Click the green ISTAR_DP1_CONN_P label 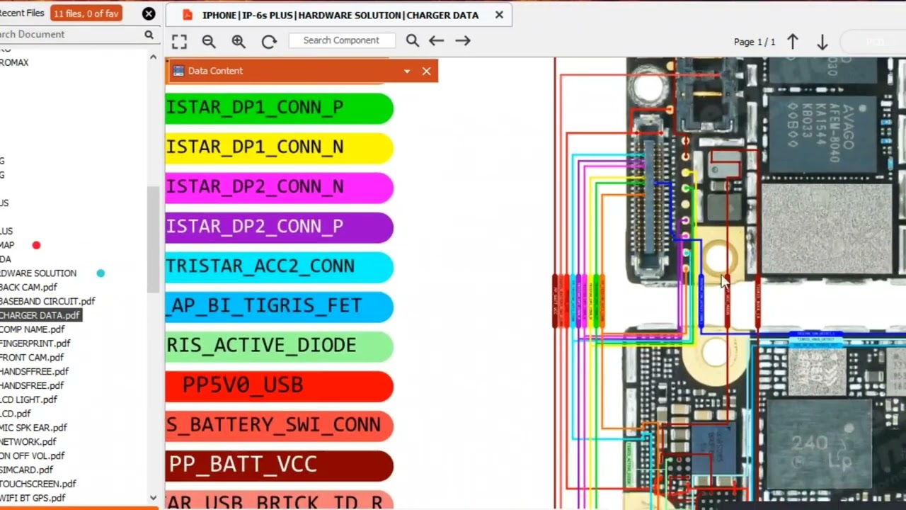tap(278, 108)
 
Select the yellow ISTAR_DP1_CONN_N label tap(278, 147)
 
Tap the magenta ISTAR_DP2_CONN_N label tap(278, 187)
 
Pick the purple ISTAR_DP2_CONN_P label tap(278, 227)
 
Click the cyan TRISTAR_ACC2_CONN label tap(278, 266)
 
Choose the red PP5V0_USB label tap(278, 385)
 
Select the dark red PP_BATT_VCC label tap(278, 465)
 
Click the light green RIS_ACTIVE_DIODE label tap(278, 346)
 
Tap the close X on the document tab tap(499, 15)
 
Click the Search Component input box tap(341, 40)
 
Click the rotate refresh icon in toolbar tap(269, 42)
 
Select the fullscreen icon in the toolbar tap(179, 42)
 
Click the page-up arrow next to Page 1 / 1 tap(793, 42)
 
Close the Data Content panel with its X tap(426, 71)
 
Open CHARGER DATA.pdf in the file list tap(40, 315)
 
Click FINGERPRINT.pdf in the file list tap(35, 344)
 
